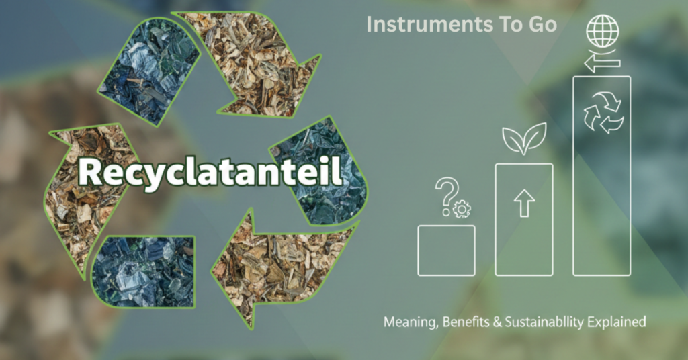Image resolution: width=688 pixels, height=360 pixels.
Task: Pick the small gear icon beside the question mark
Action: click(462, 210)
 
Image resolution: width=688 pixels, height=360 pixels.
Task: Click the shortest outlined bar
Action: click(446, 250)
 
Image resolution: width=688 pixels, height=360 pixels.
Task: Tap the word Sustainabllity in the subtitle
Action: click(543, 323)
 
